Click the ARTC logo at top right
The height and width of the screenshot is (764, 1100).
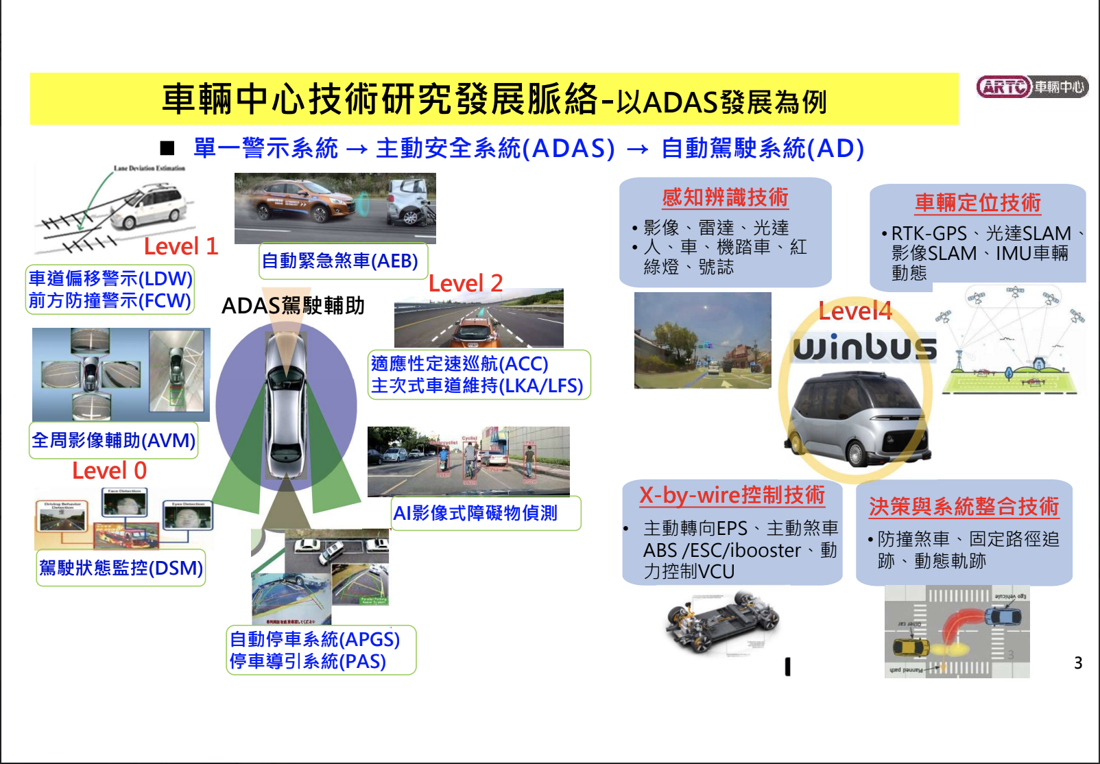coord(1031,87)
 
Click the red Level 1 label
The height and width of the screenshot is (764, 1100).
coord(180,246)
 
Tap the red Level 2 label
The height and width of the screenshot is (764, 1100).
coord(466,283)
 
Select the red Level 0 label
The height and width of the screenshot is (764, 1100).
coord(109,471)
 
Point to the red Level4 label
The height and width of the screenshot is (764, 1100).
coord(854,311)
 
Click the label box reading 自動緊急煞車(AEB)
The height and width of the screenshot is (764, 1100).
coord(342,261)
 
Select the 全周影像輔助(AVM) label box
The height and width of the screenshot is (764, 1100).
coord(114,440)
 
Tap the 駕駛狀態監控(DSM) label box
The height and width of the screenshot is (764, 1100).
coord(121,568)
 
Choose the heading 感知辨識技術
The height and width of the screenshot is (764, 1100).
coord(725,198)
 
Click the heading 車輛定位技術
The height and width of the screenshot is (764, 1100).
coord(977,203)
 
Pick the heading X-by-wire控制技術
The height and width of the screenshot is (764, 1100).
coord(732,495)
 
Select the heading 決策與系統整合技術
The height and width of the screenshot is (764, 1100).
coord(964,507)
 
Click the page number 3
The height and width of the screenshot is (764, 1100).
coord(1078,663)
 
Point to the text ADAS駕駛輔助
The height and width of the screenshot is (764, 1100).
coord(293,306)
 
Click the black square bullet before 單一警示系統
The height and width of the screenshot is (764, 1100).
coord(167,149)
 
